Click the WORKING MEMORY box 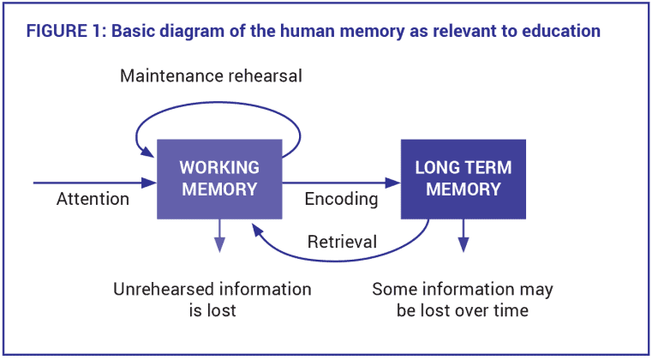[x=219, y=178]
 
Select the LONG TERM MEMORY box [x=463, y=178]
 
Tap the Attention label [x=93, y=200]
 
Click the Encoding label [x=341, y=200]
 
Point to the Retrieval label [x=342, y=243]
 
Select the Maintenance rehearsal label [x=211, y=76]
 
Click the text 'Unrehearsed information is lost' [x=212, y=299]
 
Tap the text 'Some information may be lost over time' [x=462, y=299]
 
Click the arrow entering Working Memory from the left [x=94, y=183]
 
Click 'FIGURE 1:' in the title [x=65, y=32]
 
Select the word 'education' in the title [x=560, y=32]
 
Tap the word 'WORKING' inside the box [x=219, y=167]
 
